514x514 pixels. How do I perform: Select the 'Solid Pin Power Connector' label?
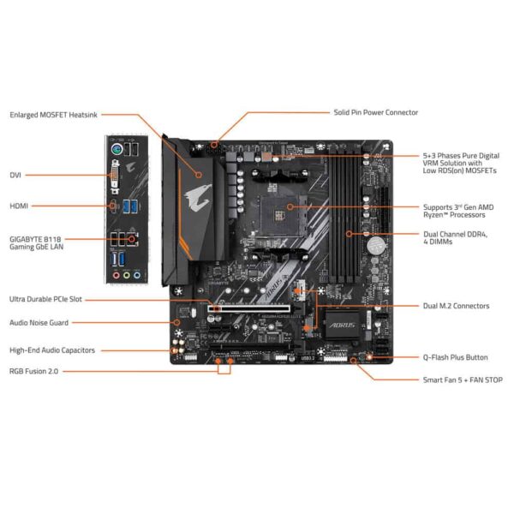point(375,112)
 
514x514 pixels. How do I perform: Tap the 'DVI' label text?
point(15,175)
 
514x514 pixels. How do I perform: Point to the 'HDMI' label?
point(19,206)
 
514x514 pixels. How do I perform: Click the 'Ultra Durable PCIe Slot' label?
point(46,299)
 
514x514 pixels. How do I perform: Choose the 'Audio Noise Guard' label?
point(39,323)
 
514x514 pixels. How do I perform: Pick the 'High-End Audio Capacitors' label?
point(52,350)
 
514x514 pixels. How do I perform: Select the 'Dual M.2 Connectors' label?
point(456,305)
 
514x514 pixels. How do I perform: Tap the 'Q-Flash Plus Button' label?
point(455,357)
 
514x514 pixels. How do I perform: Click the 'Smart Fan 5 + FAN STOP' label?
point(461,379)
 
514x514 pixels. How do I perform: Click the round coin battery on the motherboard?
point(374,244)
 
